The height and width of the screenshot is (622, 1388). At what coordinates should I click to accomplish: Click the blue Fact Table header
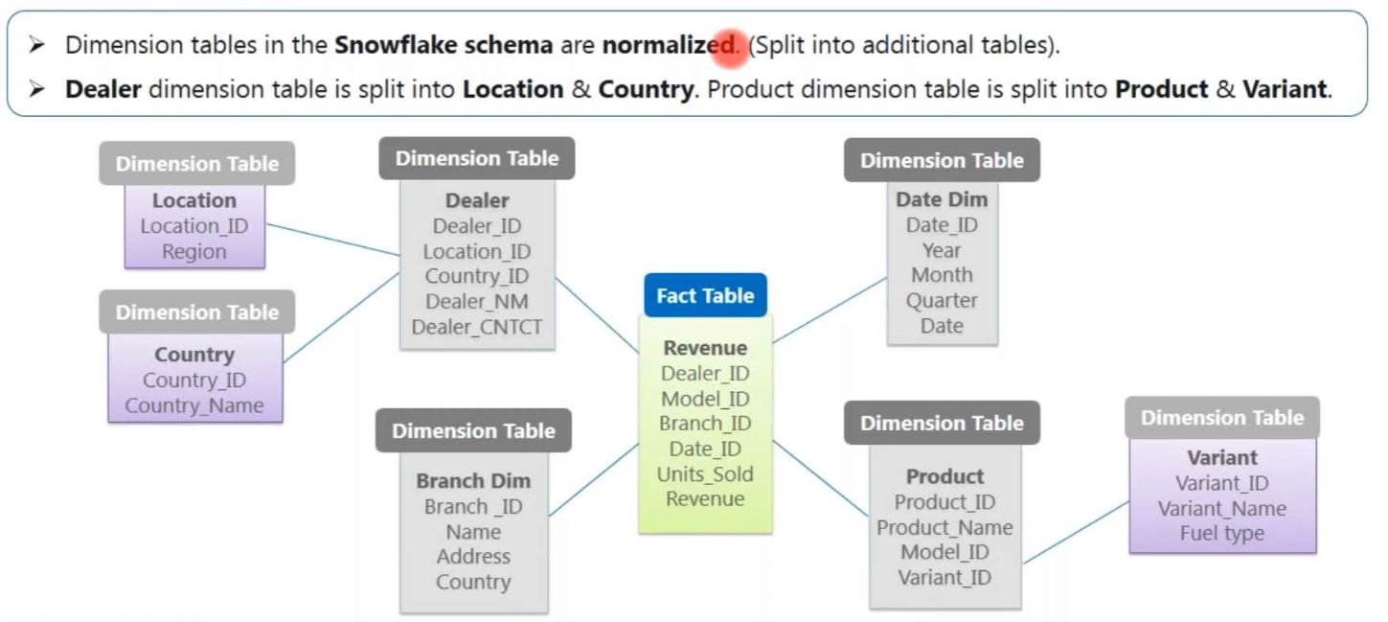[705, 295]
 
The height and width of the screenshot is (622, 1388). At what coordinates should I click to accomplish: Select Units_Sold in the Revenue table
[705, 474]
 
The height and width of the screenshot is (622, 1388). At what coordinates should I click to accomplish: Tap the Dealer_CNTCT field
[477, 327]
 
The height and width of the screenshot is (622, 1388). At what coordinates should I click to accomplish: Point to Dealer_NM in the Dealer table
[477, 302]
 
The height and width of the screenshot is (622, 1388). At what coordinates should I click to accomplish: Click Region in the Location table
[194, 252]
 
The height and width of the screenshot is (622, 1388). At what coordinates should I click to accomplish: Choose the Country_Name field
[194, 405]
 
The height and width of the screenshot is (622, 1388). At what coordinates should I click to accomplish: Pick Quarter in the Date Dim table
[942, 300]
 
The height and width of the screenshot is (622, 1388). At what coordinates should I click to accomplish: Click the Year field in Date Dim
[942, 250]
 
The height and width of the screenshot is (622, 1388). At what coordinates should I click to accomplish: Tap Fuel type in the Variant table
[1222, 534]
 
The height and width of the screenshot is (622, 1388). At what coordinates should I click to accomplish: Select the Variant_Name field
[1222, 509]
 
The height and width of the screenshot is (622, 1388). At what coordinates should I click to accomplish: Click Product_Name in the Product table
[944, 527]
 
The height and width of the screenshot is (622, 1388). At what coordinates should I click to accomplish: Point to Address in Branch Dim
[473, 557]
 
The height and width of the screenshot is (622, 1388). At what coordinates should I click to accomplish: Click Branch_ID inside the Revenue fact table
[705, 424]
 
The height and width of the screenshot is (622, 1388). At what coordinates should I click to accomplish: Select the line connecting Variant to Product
[1076, 532]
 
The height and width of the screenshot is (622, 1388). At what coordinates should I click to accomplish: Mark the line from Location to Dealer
[332, 241]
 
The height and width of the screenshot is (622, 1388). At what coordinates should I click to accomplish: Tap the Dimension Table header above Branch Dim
[473, 431]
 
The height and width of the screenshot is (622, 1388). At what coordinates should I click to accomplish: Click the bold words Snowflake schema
[444, 45]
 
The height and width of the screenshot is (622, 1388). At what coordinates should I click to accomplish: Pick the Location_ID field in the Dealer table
[477, 252]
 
